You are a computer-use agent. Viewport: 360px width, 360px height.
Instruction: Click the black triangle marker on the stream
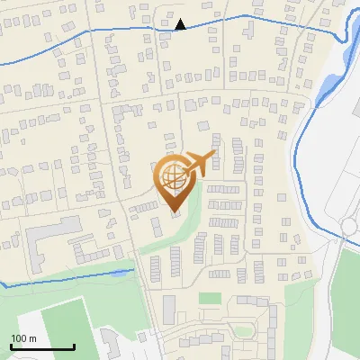(181, 24)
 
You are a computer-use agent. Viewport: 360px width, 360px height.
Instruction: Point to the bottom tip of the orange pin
(175, 212)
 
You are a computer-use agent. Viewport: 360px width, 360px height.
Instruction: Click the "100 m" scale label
(23, 338)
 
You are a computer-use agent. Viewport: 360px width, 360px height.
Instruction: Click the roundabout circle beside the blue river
(350, 226)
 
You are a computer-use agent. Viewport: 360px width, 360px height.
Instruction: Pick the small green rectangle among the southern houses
(210, 298)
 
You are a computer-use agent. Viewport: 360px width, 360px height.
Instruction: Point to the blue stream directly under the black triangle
(181, 31)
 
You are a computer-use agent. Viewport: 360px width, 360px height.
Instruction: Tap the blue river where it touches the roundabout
(343, 237)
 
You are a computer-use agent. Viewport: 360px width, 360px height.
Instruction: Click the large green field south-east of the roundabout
(346, 297)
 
